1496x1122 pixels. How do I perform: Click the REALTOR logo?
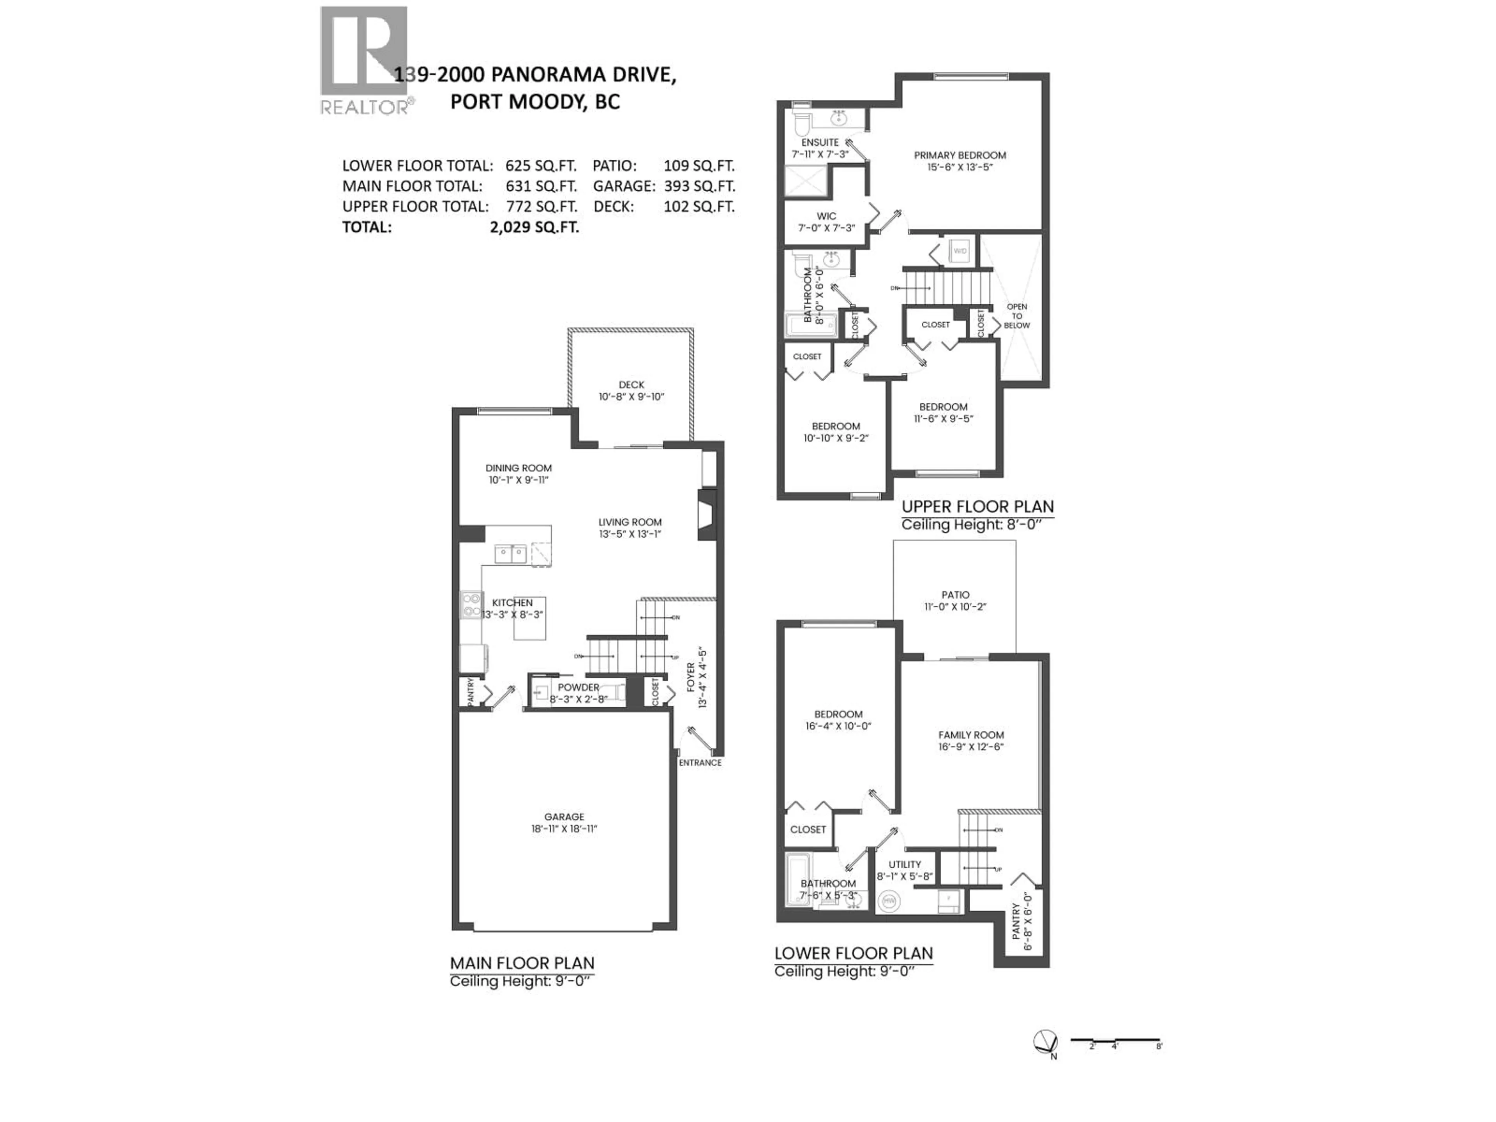364,60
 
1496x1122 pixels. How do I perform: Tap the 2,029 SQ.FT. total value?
534,227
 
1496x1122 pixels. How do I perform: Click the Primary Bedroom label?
960,155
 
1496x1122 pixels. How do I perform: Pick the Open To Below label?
1016,316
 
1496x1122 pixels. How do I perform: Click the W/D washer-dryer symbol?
960,251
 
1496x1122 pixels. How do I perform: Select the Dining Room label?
518,468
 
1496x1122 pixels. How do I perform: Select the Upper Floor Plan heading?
977,506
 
